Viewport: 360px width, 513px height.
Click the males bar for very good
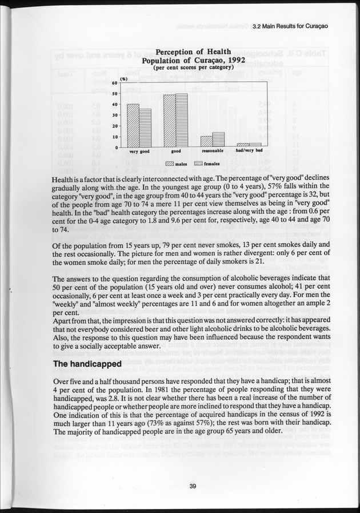(133, 126)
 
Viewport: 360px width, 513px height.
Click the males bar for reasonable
(206, 142)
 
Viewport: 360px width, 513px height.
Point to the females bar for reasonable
(218, 140)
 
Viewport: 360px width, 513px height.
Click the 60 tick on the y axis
(115, 83)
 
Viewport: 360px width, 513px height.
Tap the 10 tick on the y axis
(115, 137)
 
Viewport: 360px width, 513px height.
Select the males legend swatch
(169, 164)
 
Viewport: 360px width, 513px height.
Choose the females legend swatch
(199, 164)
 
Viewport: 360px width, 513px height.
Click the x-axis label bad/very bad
(249, 151)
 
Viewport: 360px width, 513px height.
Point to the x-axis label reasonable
(212, 152)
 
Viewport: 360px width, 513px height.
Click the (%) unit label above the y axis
(123, 78)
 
